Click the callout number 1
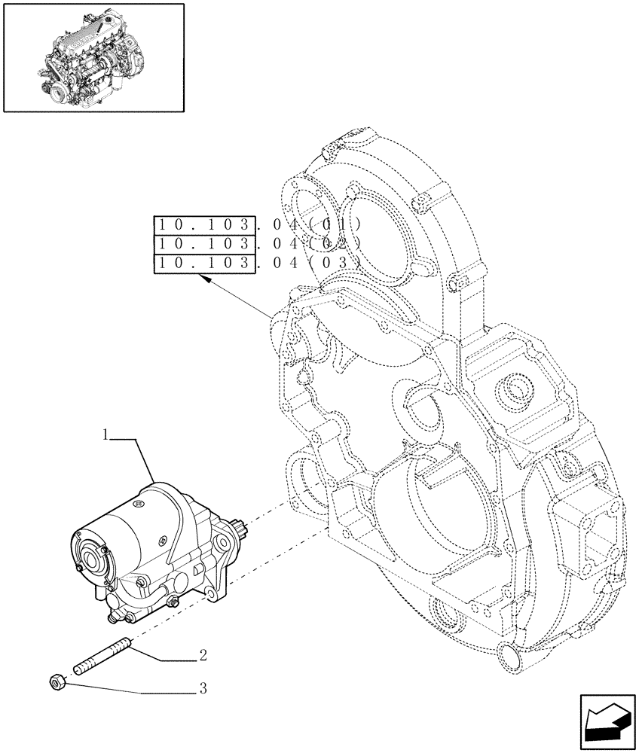106,435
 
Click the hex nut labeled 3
54,682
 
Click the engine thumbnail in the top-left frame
93,56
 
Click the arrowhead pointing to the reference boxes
203,279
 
